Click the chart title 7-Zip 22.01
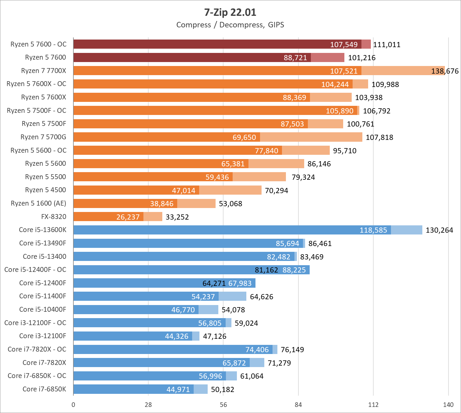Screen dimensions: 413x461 [x=230, y=12]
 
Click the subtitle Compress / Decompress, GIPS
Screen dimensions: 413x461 [x=230, y=25]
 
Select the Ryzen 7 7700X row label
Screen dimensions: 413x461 [x=44, y=71]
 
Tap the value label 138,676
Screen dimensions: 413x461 [x=445, y=71]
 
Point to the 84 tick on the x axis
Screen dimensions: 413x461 [x=298, y=405]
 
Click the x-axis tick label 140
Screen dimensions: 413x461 [x=448, y=405]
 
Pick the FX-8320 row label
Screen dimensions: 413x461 [x=54, y=217]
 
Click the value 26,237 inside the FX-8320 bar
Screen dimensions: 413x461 [x=128, y=217]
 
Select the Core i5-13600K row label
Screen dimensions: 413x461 [x=42, y=230]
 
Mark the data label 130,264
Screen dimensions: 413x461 [x=439, y=230]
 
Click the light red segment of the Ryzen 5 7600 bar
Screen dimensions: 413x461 [x=328, y=57]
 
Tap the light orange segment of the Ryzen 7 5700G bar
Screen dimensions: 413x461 [x=311, y=137]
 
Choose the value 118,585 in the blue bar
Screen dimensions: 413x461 [x=373, y=230]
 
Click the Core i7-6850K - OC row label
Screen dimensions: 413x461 [x=37, y=376]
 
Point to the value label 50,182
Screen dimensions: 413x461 [x=223, y=390]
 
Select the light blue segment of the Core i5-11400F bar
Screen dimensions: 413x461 [x=232, y=296]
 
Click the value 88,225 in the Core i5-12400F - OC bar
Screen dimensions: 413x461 [x=294, y=270]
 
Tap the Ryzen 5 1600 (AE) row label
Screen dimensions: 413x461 [x=38, y=203]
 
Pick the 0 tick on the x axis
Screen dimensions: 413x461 [x=73, y=405]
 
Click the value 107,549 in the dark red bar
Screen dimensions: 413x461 [x=344, y=45]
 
